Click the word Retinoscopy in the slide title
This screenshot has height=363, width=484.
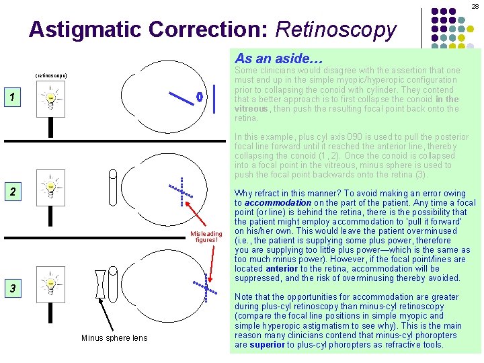coord(336,30)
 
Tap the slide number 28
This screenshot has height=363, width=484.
coord(475,5)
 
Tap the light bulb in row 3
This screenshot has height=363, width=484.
coord(50,285)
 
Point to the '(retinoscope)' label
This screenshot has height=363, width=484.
coord(50,75)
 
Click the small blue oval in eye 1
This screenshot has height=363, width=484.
coord(200,97)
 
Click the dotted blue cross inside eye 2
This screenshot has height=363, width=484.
coord(182,192)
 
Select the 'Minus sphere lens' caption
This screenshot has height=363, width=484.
coord(114,337)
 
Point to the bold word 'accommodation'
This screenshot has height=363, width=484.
coord(277,202)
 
